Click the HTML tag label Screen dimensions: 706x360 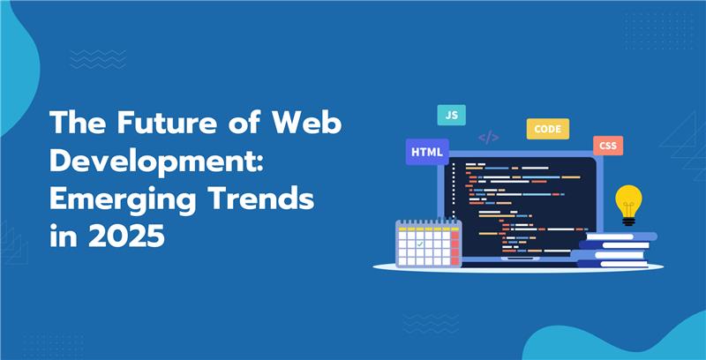[x=427, y=152]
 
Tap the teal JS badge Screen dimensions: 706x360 [x=451, y=115]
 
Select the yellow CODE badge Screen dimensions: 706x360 [x=548, y=129]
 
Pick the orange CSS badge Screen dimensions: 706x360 [x=608, y=146]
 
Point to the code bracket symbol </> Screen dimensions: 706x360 [x=489, y=138]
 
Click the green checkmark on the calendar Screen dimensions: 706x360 [x=420, y=244]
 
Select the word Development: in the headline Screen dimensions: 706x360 [x=156, y=162]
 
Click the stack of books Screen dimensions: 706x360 [x=615, y=251]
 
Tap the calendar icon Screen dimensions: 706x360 [x=428, y=243]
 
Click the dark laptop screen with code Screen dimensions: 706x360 [x=520, y=206]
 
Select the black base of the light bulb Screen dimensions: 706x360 [x=628, y=221]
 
